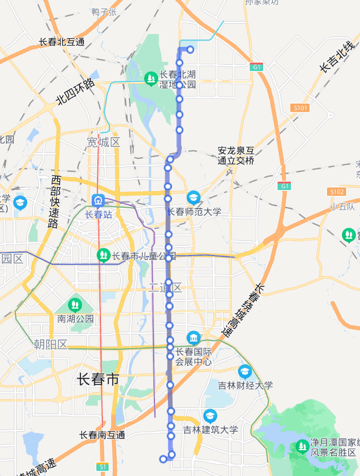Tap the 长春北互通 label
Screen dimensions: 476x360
pos(62,42)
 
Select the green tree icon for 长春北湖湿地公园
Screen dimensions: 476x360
pos(150,78)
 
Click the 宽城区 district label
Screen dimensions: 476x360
pos(103,142)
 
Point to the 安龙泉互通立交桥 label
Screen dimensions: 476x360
pos(236,156)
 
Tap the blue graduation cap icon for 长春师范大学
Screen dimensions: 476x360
pos(194,197)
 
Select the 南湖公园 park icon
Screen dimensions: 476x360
pos(75,305)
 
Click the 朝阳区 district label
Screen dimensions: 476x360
pos(51,345)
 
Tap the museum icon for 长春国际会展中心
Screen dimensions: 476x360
pos(194,338)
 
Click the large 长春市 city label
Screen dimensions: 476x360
pos(98,380)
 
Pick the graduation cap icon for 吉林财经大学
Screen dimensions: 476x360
pos(245,371)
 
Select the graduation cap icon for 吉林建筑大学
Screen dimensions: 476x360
pos(210,416)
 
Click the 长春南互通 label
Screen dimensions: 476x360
pos(102,435)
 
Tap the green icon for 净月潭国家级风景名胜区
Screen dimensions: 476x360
pos(302,446)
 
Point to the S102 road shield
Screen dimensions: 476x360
pos(336,192)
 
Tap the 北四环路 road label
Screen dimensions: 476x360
pos(76,92)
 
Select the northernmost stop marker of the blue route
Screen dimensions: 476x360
pos(190,49)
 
